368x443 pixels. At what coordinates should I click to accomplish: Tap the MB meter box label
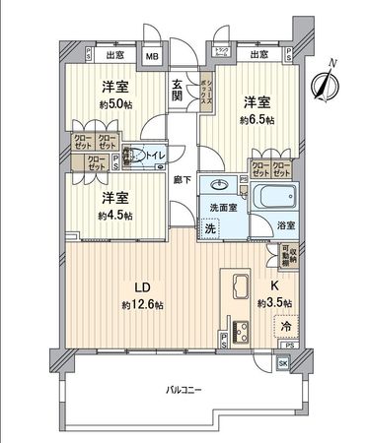152,56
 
